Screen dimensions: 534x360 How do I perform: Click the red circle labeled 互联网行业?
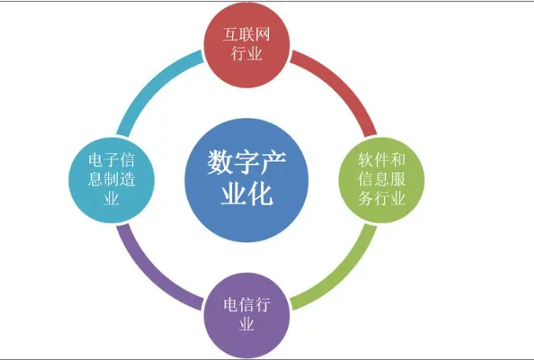(x=247, y=44)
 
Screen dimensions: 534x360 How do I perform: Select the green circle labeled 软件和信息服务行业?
(x=381, y=180)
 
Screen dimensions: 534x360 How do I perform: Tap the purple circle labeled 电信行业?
(x=247, y=315)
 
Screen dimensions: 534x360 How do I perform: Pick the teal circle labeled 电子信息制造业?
(x=112, y=180)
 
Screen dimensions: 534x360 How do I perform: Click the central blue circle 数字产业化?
(x=247, y=180)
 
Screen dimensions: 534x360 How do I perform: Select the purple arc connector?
(x=151, y=275)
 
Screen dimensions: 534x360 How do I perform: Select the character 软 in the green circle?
(x=366, y=160)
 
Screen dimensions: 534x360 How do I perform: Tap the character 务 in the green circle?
(x=366, y=198)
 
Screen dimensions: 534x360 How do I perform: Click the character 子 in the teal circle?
(x=112, y=160)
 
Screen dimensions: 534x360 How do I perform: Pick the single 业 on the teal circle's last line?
(x=112, y=198)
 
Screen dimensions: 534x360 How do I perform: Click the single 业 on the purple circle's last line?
(x=247, y=324)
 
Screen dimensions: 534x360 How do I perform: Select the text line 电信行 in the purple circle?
(x=247, y=305)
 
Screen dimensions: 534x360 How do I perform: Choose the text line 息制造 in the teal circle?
(x=112, y=179)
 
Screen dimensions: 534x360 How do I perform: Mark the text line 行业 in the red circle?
(x=247, y=53)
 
